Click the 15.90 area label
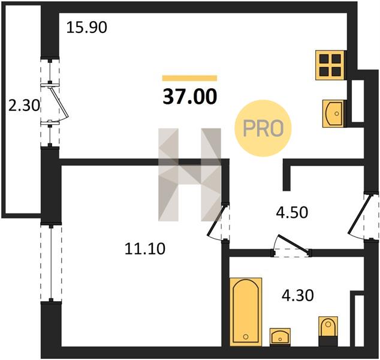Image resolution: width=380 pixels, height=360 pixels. tap(86, 28)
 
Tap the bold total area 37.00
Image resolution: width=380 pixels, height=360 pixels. tap(190, 96)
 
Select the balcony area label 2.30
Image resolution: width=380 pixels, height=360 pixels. tap(24, 106)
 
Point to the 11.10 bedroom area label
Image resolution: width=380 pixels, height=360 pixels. tap(145, 248)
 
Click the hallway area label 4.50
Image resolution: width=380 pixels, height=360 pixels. tap(292, 212)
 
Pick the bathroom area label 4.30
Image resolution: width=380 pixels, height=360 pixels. tap(298, 295)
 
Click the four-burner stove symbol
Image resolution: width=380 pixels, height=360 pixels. tap(330, 65)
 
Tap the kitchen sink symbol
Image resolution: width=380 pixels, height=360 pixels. tap(333, 113)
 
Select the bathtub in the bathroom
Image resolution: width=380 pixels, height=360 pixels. tap(246, 312)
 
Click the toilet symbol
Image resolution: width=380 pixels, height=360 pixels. tap(328, 331)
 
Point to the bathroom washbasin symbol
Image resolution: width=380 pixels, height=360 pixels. tap(280, 337)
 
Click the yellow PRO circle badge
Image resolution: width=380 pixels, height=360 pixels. tap(263, 128)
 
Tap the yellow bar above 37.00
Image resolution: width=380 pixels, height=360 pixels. tap(190, 78)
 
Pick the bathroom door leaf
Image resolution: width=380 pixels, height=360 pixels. tap(294, 244)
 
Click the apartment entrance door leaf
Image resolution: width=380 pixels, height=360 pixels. tap(360, 214)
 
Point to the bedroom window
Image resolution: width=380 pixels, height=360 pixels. tap(51, 263)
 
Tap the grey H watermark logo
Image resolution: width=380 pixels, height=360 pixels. tap(190, 175)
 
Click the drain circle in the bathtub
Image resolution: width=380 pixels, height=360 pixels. tap(246, 337)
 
